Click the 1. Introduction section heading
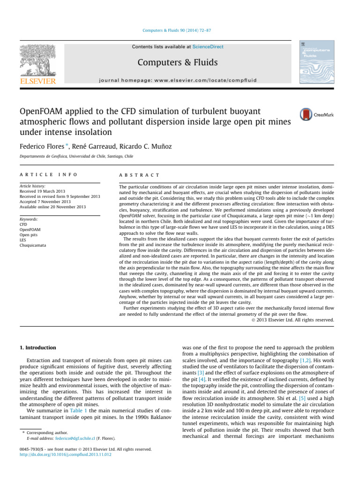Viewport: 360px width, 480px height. point(37,348)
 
